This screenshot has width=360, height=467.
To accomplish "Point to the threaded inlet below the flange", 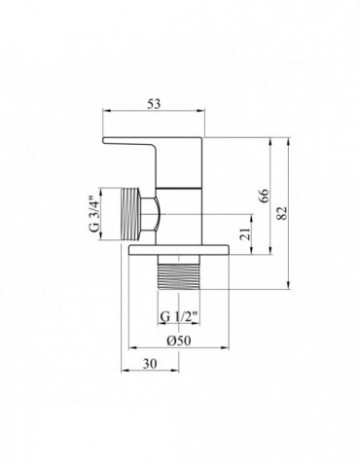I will pos(180,275).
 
